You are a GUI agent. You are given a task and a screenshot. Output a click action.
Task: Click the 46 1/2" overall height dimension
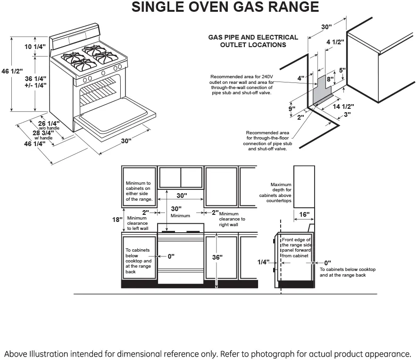point(12,71)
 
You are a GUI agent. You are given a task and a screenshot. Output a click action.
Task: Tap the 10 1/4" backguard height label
point(35,47)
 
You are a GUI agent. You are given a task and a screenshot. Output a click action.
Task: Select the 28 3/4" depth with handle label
point(43,133)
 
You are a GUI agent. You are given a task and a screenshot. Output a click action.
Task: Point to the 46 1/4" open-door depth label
point(34,144)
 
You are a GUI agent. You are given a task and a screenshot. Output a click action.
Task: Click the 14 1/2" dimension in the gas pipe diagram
point(343,106)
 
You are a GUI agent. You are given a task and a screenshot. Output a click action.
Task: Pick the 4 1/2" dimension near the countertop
point(335,42)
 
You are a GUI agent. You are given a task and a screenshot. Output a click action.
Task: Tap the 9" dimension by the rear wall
point(292,109)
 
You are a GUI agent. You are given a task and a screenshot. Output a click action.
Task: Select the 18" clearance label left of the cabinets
point(117,220)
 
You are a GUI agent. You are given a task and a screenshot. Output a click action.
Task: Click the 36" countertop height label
point(217,257)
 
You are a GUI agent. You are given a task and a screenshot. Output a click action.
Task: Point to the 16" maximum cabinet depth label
point(304,214)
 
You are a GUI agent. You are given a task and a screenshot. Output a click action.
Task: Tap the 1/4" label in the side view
point(263,262)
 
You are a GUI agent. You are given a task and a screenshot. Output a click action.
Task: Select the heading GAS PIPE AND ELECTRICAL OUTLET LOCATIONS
point(253,41)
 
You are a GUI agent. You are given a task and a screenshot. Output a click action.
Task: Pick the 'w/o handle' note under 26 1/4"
point(49,128)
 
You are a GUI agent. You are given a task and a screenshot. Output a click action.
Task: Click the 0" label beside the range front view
point(171,256)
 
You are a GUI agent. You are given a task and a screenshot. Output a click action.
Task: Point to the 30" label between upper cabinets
point(182,196)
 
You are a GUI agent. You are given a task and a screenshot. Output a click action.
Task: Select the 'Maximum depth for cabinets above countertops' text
point(275,193)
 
